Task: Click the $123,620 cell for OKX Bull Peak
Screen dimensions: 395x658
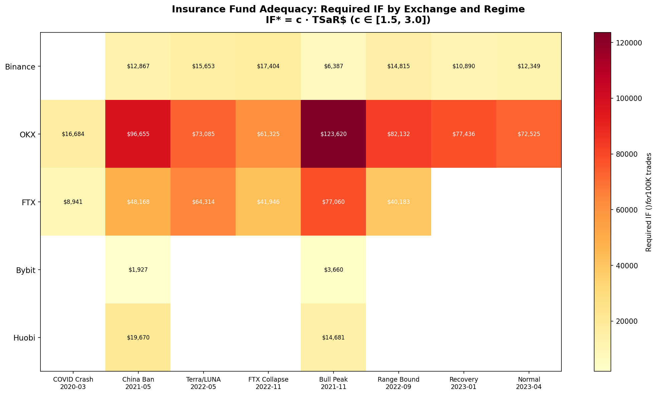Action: pos(333,134)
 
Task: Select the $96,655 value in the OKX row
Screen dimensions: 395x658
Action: pos(138,134)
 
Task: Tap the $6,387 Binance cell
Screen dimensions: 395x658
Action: pos(333,67)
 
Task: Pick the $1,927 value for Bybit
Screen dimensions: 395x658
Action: pos(138,270)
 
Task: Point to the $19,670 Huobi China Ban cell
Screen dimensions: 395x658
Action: pos(138,338)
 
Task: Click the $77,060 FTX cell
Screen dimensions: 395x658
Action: pos(333,202)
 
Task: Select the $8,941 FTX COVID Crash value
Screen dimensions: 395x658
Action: pos(73,202)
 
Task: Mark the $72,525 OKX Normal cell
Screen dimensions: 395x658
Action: pos(529,134)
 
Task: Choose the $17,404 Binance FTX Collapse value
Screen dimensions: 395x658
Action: pos(268,67)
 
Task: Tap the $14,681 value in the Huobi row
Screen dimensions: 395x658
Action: pos(333,338)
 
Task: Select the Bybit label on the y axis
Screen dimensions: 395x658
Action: pos(26,270)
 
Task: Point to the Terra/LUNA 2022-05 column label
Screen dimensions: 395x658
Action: pos(203,383)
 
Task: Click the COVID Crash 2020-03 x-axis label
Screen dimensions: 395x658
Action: pos(73,383)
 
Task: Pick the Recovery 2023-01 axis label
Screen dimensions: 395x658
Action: pos(464,383)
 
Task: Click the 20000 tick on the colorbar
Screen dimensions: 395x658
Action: pos(623,321)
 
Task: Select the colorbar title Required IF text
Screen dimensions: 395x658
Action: pos(649,202)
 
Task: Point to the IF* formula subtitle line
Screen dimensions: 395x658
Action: pos(348,20)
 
